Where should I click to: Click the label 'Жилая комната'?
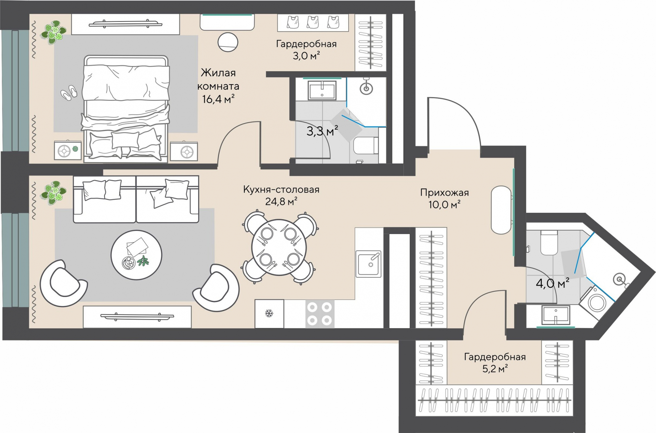[x=218, y=79]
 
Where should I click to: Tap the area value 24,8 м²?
[x=281, y=201]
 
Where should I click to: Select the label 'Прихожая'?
[x=445, y=193]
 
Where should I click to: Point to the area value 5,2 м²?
[x=495, y=369]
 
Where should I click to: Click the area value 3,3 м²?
[x=322, y=131]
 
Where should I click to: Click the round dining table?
[x=279, y=247]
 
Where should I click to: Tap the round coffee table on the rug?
[x=136, y=255]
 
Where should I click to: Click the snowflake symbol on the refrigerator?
[x=269, y=313]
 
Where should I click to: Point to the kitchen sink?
[x=368, y=264]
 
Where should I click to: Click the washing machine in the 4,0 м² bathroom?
[x=596, y=302]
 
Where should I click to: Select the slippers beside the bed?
[x=69, y=93]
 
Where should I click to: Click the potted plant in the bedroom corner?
[x=53, y=32]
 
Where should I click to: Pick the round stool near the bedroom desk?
[x=228, y=42]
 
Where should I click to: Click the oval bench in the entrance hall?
[x=501, y=210]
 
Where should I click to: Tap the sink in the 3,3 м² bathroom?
[x=322, y=90]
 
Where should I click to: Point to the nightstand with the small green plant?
[x=68, y=150]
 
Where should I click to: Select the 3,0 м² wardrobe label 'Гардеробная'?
[x=306, y=44]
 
